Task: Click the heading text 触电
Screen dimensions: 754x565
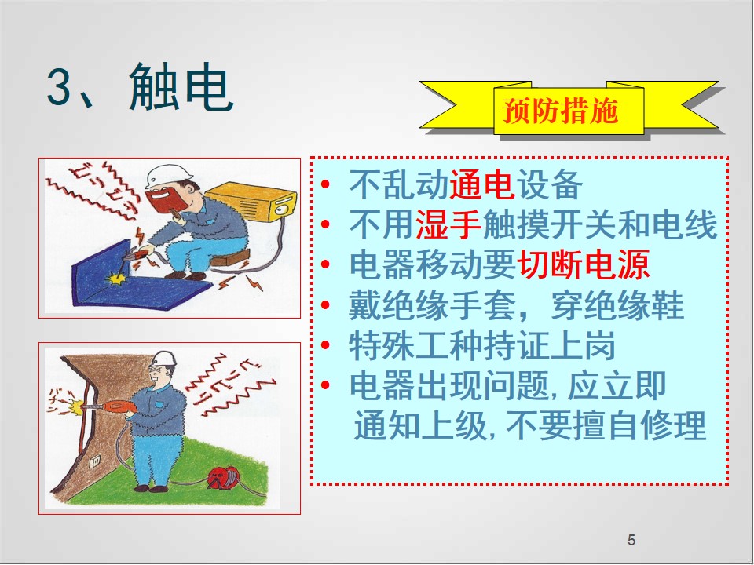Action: coord(181,87)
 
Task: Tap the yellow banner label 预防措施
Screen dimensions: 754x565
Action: coord(560,111)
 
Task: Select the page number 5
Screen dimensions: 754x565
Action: coord(631,540)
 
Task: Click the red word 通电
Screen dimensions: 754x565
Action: coord(482,184)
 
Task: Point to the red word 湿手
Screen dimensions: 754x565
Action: coord(448,224)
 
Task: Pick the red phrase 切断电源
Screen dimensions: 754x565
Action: coord(584,264)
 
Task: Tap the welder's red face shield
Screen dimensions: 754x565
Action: coord(164,199)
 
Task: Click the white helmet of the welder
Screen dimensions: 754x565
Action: coord(168,175)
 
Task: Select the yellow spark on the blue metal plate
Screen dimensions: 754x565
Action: coord(117,278)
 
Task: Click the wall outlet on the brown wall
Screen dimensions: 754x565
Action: coord(95,461)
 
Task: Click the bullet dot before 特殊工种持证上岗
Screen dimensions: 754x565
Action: coord(325,345)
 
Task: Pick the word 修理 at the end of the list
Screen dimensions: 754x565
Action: coord(674,425)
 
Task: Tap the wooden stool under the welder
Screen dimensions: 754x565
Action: coord(230,258)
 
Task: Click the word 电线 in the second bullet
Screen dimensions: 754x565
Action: coord(685,224)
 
